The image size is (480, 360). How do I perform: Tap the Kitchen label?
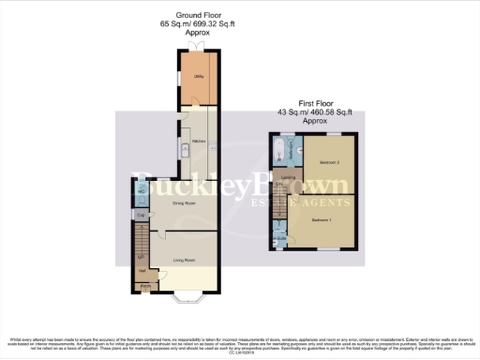coord(199,142)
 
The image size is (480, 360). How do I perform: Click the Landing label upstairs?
coord(289,177)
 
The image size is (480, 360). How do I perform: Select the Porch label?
coord(146,287)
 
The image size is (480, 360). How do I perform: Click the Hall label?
coord(142,272)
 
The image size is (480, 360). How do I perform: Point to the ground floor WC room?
coord(140,192)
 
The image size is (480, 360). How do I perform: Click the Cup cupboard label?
coord(141,216)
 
